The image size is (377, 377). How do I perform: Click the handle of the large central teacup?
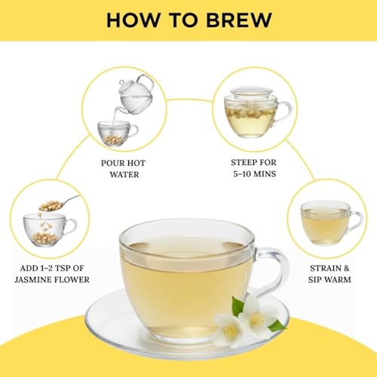pyautogui.click(x=271, y=268)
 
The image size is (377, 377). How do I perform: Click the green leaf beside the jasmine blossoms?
pyautogui.click(x=277, y=326)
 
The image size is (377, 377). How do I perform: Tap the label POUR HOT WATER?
pyautogui.click(x=121, y=167)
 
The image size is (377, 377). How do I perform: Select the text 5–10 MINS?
pyautogui.click(x=254, y=173)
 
